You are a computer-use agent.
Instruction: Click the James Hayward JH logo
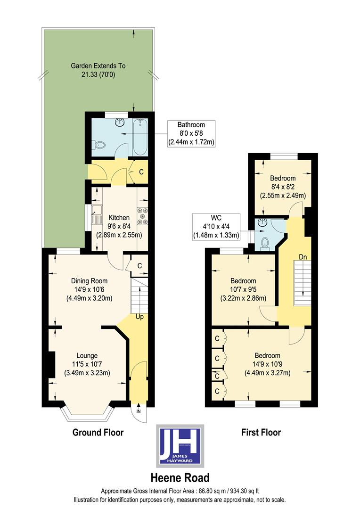[x=180, y=445]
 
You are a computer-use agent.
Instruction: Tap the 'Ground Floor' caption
[x=98, y=432]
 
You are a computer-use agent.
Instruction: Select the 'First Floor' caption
[x=261, y=432]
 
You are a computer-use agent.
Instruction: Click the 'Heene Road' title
[x=180, y=478]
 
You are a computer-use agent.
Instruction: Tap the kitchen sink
[x=97, y=215]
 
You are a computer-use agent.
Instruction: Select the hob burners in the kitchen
[x=142, y=216]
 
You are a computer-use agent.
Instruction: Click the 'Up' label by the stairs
[x=139, y=317]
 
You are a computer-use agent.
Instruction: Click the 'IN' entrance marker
[x=139, y=411]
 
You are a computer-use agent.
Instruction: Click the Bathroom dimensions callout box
[x=191, y=133]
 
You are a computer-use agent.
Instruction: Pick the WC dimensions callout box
[x=216, y=227]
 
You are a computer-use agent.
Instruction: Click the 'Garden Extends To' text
[x=98, y=66]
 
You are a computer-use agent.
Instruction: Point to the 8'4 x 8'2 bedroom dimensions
[x=282, y=191]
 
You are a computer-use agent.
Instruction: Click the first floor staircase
[x=300, y=285]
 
